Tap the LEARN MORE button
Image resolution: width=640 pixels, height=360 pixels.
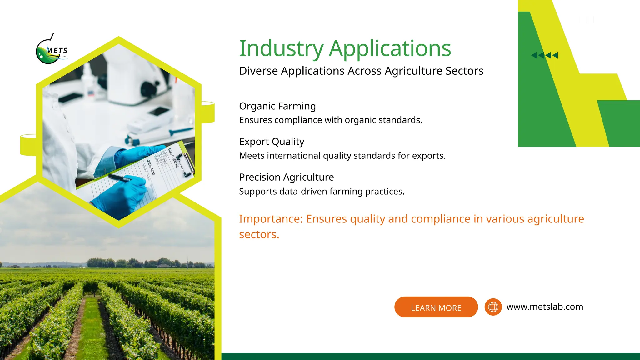pos(436,307)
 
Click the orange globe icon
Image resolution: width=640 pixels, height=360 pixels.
pos(493,307)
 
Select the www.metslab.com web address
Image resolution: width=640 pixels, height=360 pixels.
pos(545,307)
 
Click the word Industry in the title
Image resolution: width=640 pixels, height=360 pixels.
pos(281,49)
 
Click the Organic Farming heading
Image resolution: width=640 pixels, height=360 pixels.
pos(277,106)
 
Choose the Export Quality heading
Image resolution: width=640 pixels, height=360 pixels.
pos(272,142)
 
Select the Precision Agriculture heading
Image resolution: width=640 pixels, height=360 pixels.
pos(286,177)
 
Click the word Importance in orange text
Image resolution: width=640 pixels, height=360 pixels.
pos(271,219)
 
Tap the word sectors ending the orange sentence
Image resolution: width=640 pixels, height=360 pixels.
pos(259,234)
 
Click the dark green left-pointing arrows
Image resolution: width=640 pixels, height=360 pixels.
pos(544,55)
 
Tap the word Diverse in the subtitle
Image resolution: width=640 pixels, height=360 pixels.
pos(258,71)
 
